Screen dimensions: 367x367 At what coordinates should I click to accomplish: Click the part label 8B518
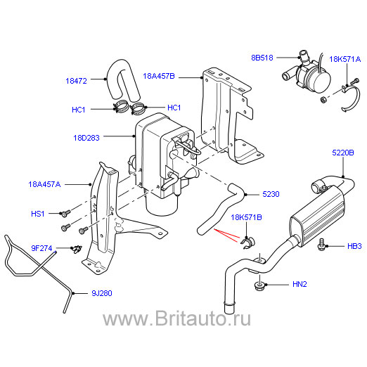pos(262,58)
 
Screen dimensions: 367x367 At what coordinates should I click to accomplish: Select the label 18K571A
pos(345,59)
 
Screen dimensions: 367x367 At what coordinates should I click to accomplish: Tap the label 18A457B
pos(159,76)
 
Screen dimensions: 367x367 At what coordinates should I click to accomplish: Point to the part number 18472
pos(76,81)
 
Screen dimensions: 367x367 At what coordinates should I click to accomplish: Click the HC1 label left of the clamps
pos(79,110)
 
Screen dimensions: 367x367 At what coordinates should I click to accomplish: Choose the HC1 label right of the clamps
pos(174,108)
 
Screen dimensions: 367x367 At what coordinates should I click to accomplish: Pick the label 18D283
pos(86,138)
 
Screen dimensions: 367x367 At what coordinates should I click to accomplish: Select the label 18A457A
pos(44,184)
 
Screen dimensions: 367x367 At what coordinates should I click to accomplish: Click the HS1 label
pos(38,214)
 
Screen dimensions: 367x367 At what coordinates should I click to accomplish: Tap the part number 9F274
pos(41,248)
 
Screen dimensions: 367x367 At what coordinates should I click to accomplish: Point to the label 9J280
pos(102,293)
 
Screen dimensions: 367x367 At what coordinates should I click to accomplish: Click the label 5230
pos(271,194)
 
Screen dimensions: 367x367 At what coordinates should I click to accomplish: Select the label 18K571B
pos(246,217)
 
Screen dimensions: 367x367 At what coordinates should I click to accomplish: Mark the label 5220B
pos(343,153)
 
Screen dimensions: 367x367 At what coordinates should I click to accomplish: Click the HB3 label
pos(354,246)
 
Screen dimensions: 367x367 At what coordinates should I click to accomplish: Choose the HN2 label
pos(300,284)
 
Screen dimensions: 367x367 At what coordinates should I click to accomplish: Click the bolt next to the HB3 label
pos(321,245)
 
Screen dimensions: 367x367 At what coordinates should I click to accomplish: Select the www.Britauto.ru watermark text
pos(177,318)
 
